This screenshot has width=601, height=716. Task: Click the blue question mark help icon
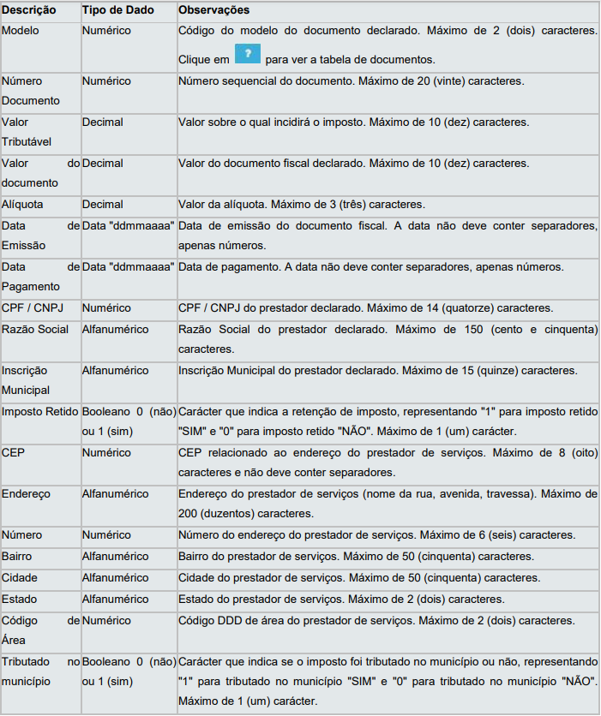tap(247, 55)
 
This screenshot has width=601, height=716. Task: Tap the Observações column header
tap(213, 10)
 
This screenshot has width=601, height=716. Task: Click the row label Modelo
tap(20, 30)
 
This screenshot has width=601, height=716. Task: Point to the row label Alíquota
tap(22, 205)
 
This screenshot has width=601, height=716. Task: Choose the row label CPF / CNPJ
tap(31, 308)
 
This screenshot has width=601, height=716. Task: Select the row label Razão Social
tap(35, 330)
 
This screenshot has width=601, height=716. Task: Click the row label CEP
tap(14, 452)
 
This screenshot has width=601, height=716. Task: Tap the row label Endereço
tap(27, 494)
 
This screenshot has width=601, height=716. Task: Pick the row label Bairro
tap(18, 557)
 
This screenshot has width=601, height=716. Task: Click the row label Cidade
tap(20, 578)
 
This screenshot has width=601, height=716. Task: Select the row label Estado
tap(20, 600)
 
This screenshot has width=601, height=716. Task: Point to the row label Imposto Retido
tap(39, 411)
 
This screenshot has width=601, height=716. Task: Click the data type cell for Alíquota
tap(103, 205)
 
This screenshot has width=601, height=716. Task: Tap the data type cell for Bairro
tap(116, 557)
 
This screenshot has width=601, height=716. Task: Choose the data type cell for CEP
tap(106, 452)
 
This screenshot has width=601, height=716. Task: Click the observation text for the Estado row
tap(341, 600)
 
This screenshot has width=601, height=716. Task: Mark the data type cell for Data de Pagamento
tap(129, 267)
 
